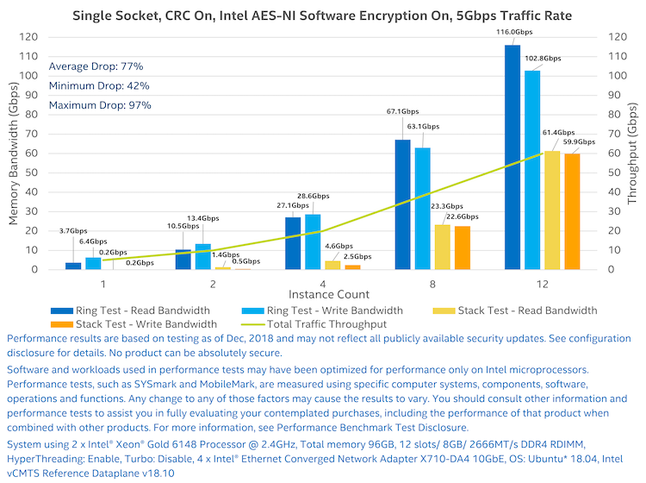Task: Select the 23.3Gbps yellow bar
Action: tap(443, 247)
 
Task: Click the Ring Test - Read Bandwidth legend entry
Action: tap(132, 310)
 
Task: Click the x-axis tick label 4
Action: tap(321, 283)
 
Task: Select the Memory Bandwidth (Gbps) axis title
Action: tap(14, 154)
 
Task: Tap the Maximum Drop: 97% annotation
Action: tap(100, 105)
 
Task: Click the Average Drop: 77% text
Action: tap(96, 66)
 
